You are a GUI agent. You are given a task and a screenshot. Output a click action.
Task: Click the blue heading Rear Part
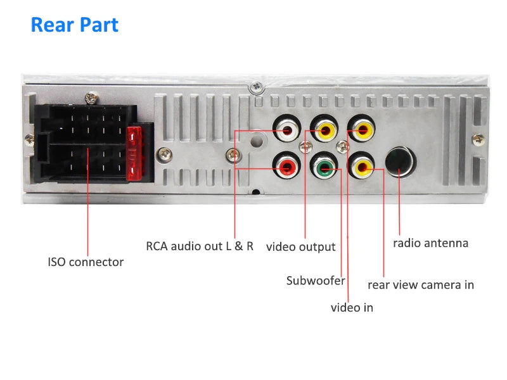coord(74,25)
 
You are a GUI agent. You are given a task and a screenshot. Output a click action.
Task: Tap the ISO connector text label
coord(86,262)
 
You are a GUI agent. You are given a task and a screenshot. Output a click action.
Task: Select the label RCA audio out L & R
coord(200,246)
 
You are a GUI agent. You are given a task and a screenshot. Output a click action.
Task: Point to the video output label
coord(300,246)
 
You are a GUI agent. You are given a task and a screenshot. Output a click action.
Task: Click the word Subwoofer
coord(316,280)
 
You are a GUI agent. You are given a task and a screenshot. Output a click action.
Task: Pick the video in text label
coord(352,308)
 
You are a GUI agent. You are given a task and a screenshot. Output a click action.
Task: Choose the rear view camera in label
coord(421,285)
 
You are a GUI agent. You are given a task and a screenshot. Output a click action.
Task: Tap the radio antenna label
coord(430,243)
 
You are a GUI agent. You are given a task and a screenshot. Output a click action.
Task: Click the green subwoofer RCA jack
coord(324,168)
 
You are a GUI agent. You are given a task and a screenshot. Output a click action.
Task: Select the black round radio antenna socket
coord(401,161)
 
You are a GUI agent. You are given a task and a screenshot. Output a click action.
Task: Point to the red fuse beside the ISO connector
coord(134,155)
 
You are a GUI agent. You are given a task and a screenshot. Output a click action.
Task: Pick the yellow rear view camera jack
coord(363,168)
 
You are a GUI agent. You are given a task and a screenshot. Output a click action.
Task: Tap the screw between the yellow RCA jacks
coord(343,147)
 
